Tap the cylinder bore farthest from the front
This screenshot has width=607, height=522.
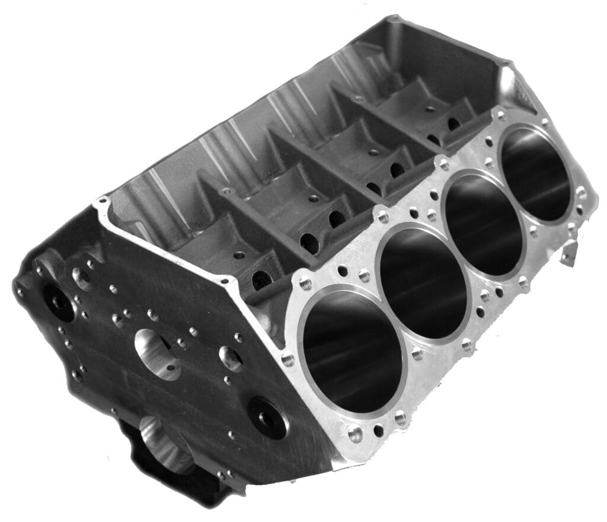(536, 174)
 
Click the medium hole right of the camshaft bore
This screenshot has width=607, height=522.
(231, 358)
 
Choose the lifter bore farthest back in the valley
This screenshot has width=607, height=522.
(453, 125)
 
